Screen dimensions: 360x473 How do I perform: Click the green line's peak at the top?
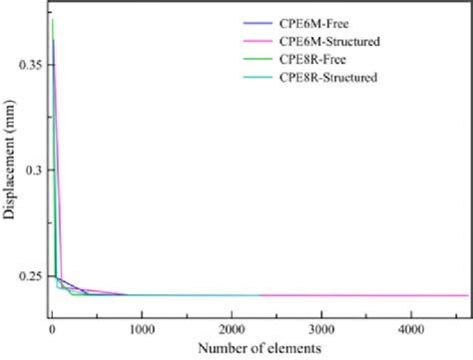[x=52, y=19]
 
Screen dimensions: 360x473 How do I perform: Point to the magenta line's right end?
[x=466, y=295]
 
